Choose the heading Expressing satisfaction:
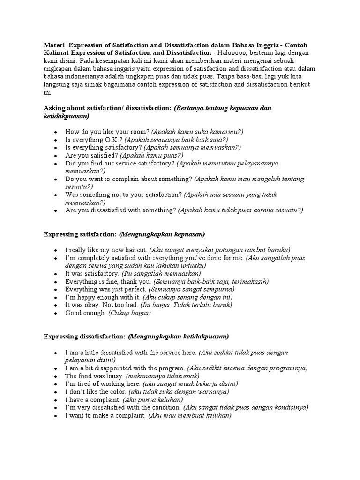pyautogui.click(x=80, y=233)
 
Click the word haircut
pyautogui.click(x=136, y=249)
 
